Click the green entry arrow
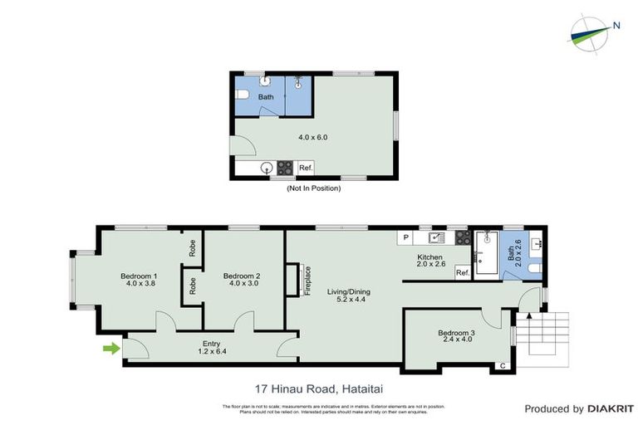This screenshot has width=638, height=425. [109, 349]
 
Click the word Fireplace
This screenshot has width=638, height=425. [307, 281]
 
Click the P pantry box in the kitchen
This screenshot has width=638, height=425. [406, 237]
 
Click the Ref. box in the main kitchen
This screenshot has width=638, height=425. [463, 272]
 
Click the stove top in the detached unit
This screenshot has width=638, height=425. [285, 169]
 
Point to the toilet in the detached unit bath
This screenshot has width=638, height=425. [242, 97]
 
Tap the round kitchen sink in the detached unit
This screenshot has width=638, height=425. [267, 169]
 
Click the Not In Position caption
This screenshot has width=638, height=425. [314, 188]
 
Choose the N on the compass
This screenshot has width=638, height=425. [616, 25]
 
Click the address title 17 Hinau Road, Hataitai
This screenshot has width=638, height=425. [318, 388]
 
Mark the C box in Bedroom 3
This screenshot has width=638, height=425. [502, 365]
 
